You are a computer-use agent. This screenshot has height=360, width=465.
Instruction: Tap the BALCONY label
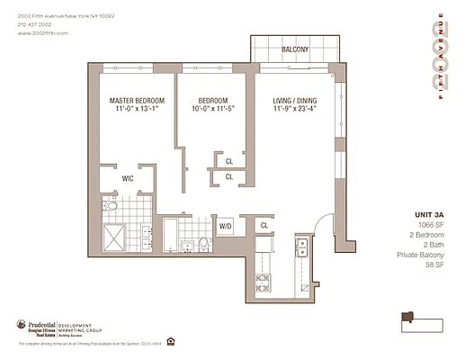(294, 49)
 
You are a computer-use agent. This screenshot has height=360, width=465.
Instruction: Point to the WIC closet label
(129, 178)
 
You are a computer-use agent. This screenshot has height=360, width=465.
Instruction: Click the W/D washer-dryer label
(226, 224)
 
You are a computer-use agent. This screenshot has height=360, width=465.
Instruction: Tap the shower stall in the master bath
(115, 238)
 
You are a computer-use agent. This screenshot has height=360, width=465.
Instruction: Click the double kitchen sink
(303, 246)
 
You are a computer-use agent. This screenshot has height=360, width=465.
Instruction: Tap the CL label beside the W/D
(264, 224)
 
